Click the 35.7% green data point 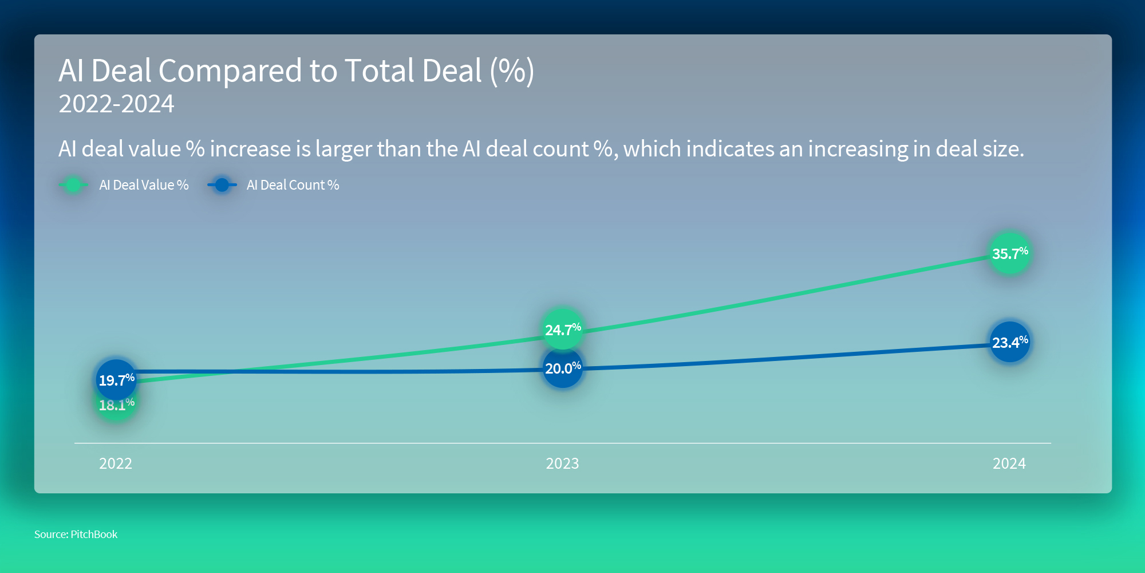click(1010, 253)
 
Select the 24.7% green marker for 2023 click(562, 329)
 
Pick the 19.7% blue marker click(116, 380)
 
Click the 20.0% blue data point click(562, 368)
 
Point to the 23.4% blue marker click(1010, 342)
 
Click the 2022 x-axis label click(116, 463)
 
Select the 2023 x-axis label click(562, 463)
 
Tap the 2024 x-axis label click(1009, 463)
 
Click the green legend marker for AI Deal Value click(73, 185)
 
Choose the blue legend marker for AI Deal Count click(222, 185)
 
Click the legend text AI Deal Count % click(293, 185)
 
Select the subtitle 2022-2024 click(116, 104)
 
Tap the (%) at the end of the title click(511, 71)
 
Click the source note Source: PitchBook click(76, 534)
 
